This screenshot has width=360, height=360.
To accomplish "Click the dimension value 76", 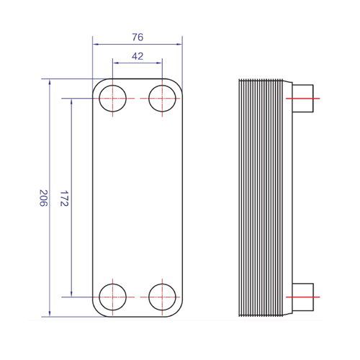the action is click(x=138, y=37).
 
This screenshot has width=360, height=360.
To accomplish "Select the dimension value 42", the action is click(x=138, y=56).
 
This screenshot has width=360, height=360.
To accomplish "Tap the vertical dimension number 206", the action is click(x=43, y=198).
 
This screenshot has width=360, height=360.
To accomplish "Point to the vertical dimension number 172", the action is click(x=64, y=199).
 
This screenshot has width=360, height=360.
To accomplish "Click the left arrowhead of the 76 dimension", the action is click(x=96, y=44).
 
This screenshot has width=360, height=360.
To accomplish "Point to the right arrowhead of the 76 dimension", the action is click(x=179, y=44).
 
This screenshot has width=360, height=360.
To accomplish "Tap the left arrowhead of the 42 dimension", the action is click(x=116, y=63).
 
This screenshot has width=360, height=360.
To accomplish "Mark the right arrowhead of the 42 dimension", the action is click(x=159, y=63).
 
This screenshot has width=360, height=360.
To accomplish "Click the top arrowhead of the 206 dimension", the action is click(x=50, y=82).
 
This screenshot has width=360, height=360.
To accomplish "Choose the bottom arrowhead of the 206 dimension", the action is click(x=50, y=313).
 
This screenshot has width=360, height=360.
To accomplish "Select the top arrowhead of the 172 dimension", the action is click(x=71, y=102).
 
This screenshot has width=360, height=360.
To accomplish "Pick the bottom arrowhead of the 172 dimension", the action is click(x=71, y=294).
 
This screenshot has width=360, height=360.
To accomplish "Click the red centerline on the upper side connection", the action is click(x=302, y=99).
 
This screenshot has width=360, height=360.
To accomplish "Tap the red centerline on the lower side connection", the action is click(x=302, y=297).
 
